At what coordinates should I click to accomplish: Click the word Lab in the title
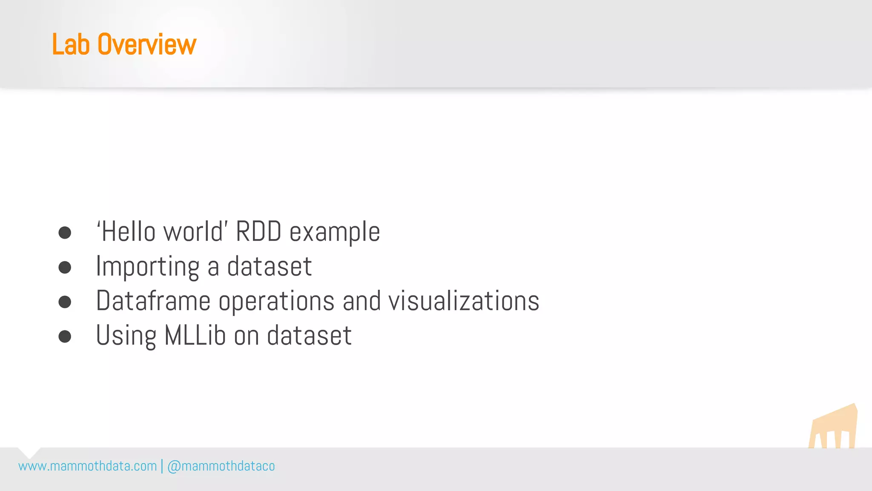(x=71, y=44)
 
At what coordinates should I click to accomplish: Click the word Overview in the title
(x=147, y=44)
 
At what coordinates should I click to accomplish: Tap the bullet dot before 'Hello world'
(x=65, y=233)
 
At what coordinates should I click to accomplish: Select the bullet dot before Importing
(x=65, y=267)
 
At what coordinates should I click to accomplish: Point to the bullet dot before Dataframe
(x=65, y=302)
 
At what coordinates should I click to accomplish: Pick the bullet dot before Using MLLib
(x=65, y=336)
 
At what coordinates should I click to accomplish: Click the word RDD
(x=258, y=232)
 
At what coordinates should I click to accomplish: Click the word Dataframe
(x=153, y=301)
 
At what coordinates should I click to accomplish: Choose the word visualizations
(x=464, y=301)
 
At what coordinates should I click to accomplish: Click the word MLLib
(x=195, y=335)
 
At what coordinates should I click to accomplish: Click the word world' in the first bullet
(x=194, y=232)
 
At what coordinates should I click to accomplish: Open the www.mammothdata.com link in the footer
(x=88, y=466)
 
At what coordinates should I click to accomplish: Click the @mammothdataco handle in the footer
(x=221, y=466)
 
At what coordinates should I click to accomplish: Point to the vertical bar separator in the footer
(x=162, y=466)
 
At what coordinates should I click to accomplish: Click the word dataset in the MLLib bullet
(x=309, y=335)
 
